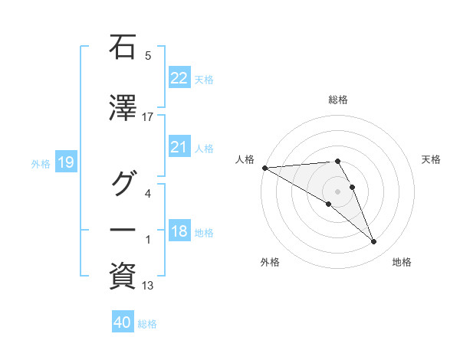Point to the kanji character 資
123,276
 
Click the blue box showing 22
179,78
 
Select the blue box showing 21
179,148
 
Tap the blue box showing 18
179,232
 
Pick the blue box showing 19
65,162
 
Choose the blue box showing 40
123,323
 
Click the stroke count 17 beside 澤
148,117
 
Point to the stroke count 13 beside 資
148,286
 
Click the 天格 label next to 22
204,79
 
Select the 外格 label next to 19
41,163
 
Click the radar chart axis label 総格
338,100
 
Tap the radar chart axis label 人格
245,159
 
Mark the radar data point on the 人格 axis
264,168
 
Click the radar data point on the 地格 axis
374,242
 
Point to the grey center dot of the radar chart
338,191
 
